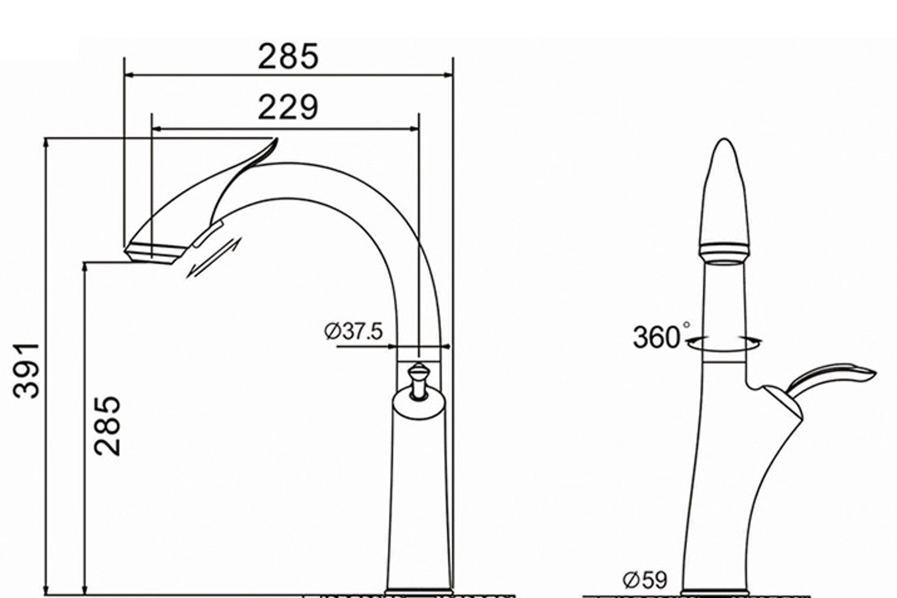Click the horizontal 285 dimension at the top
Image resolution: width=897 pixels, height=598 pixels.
[288, 56]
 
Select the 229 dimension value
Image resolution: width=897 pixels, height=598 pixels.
[288, 107]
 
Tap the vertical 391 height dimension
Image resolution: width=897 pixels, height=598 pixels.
[27, 370]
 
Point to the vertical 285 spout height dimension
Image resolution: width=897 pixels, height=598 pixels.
[107, 425]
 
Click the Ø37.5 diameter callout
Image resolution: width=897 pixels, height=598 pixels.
[353, 332]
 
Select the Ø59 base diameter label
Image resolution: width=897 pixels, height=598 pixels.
[645, 580]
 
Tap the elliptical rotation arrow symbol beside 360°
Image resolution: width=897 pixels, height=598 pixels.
[724, 344]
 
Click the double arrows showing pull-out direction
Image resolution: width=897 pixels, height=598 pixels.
[215, 259]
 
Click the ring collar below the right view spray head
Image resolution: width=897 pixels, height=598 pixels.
[724, 252]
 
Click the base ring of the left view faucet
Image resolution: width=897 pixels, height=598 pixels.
[419, 592]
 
